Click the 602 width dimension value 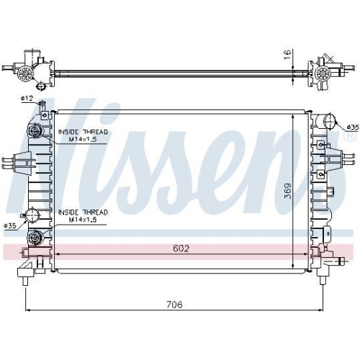click(181, 250)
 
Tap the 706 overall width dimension click(174, 305)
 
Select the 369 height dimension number click(288, 191)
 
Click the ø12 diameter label click(27, 98)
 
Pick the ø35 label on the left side click(11, 226)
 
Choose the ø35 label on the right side click(351, 127)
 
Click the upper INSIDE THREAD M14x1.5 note click(82, 135)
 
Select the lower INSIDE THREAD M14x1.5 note click(82, 215)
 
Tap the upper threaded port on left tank click(34, 131)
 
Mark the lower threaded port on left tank click(33, 239)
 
